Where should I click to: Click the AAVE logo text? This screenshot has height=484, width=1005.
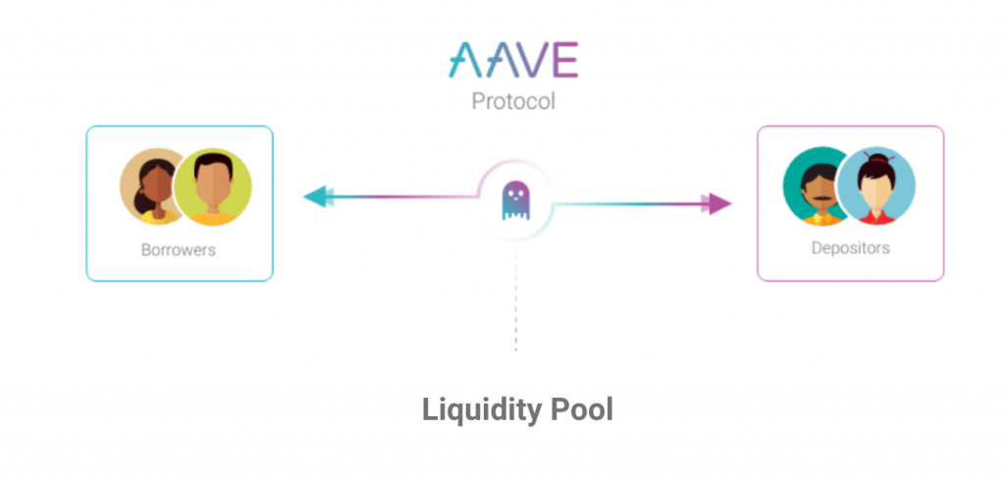[x=513, y=61]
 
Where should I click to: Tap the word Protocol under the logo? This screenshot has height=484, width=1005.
[x=513, y=101]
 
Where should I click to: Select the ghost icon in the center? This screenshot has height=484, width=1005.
[x=515, y=201]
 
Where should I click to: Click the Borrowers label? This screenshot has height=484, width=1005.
[x=179, y=249]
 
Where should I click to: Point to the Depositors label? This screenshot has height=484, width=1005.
[x=850, y=247]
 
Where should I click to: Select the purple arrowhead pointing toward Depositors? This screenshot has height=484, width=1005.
[x=719, y=203]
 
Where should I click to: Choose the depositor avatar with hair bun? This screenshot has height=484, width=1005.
[x=875, y=188]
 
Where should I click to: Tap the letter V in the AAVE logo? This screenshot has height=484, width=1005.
[x=531, y=61]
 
